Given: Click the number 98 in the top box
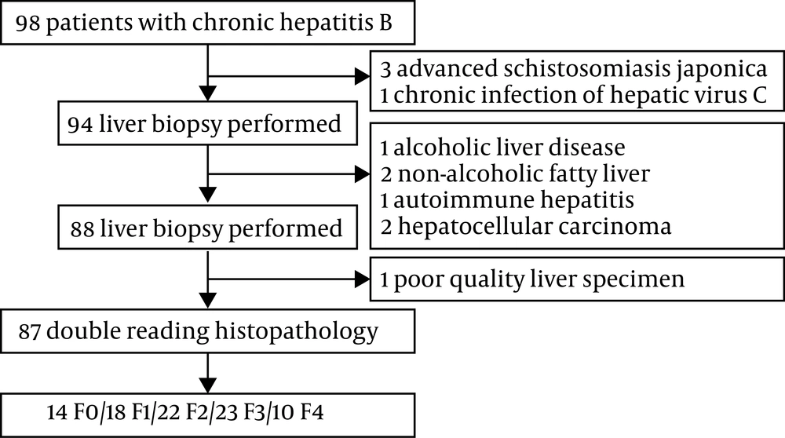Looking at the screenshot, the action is coord(27,23).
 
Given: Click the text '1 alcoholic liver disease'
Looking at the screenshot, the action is coord(502,148).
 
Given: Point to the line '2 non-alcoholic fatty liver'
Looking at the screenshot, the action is coord(515,173).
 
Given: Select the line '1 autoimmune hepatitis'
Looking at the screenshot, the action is coord(507,200).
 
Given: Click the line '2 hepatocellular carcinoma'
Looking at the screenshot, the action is coord(526,226).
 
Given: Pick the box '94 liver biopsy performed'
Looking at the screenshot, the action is coord(208,123).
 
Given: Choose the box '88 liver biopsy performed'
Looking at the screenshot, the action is coord(208,228).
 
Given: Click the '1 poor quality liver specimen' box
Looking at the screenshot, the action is coord(577,279).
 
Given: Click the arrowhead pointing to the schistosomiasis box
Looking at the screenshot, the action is coord(363,77).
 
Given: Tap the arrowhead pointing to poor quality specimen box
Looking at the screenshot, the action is coord(363,279).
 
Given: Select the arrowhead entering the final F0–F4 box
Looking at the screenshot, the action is coord(208,385).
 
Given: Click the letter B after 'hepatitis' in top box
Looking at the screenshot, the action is coord(385,23).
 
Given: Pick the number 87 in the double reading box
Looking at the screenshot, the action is coord(30,332).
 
